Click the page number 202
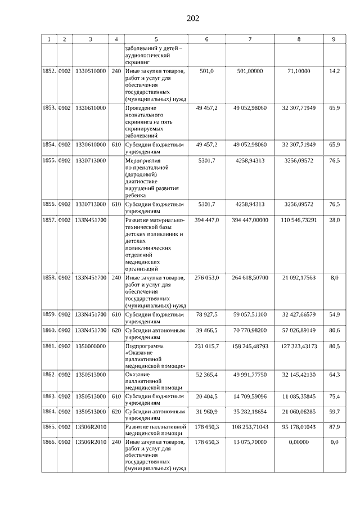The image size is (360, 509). [x=192, y=19]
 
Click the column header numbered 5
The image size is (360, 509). [x=156, y=39]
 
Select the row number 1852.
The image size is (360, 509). [x=49, y=71]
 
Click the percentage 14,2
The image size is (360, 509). [x=334, y=71]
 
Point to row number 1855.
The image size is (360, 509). [x=49, y=161]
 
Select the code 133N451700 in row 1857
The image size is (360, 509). [x=90, y=220]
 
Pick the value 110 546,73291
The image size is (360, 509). [x=298, y=220]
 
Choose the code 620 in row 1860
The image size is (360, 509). [x=116, y=330]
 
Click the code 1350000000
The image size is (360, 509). [x=90, y=346]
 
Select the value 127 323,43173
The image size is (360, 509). [x=298, y=346]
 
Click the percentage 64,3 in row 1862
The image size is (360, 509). [x=334, y=374]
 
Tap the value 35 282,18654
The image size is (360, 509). [x=251, y=412]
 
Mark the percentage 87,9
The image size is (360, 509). [x=334, y=427]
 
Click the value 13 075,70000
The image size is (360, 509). [x=251, y=443]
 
